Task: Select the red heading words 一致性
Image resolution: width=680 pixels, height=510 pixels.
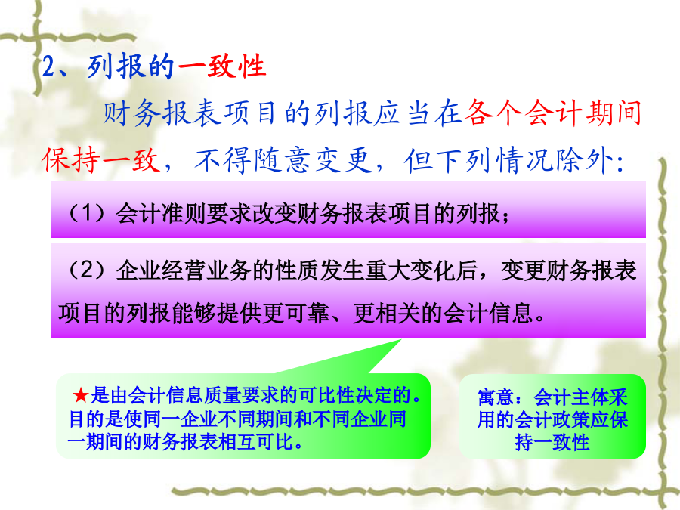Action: point(221,66)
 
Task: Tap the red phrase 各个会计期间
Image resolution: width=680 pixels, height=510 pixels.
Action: point(552,113)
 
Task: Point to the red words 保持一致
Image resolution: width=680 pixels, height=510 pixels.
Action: point(101,159)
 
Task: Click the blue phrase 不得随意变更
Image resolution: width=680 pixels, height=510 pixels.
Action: point(283,159)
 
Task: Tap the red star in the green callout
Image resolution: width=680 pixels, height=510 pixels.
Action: point(81,395)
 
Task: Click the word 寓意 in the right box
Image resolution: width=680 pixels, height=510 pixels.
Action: point(496,397)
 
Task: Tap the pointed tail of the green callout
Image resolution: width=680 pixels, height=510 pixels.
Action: point(400,341)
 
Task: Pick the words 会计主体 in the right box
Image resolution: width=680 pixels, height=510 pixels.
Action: point(571,397)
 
